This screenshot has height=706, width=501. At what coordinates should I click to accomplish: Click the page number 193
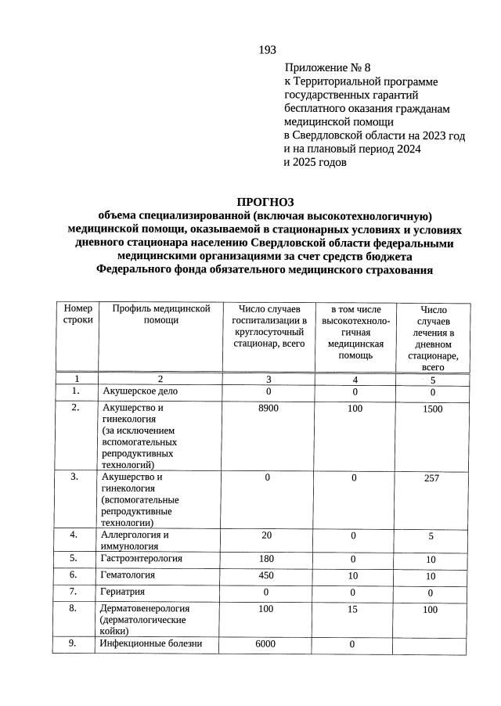268,50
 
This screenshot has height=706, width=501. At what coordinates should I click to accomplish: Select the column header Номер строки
78,314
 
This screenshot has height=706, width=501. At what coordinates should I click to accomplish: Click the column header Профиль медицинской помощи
161,314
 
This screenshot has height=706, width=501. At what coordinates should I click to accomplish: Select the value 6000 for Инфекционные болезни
265,644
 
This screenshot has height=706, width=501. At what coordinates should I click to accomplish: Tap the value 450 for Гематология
268,575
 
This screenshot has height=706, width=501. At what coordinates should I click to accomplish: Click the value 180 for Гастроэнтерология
268,559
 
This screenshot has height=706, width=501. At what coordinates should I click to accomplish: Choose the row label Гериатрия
122,592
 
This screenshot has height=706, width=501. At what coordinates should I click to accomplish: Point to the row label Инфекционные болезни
151,644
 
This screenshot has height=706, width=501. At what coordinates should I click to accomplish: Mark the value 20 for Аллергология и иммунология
268,535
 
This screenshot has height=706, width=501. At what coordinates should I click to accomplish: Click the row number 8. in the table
74,608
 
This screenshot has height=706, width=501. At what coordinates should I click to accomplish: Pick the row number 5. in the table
74,559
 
